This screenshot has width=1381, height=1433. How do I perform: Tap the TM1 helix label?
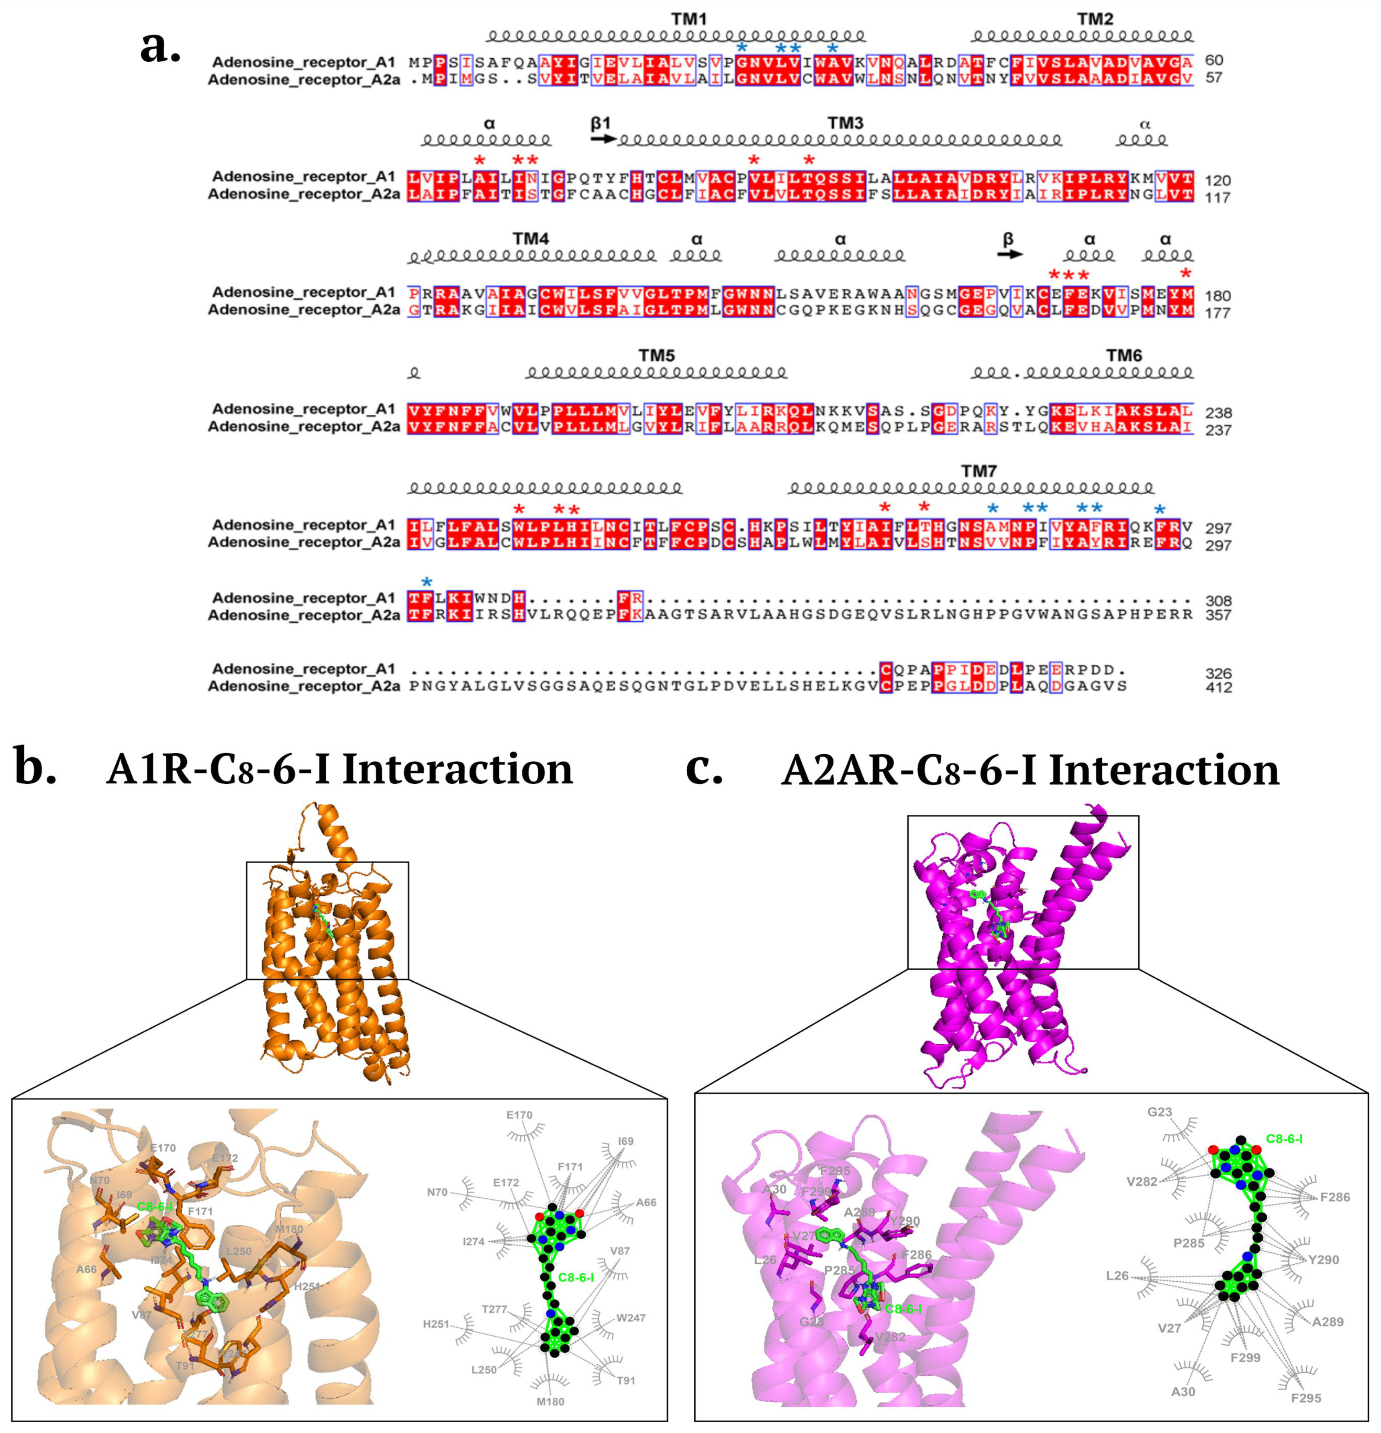689,19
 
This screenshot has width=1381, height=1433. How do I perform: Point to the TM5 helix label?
656,355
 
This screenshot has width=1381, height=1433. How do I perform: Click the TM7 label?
979,471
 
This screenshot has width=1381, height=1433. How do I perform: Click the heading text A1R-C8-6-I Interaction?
339,770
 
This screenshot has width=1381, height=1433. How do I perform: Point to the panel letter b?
35,768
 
